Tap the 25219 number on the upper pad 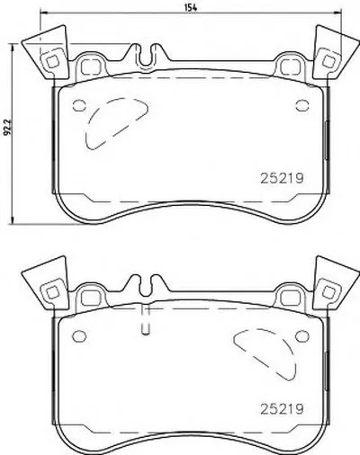tap(282, 179)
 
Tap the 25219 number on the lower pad tap(282, 409)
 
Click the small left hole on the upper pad tap(79, 105)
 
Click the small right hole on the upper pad tap(302, 105)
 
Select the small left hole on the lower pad tap(79, 335)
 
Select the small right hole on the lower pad tap(302, 335)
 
